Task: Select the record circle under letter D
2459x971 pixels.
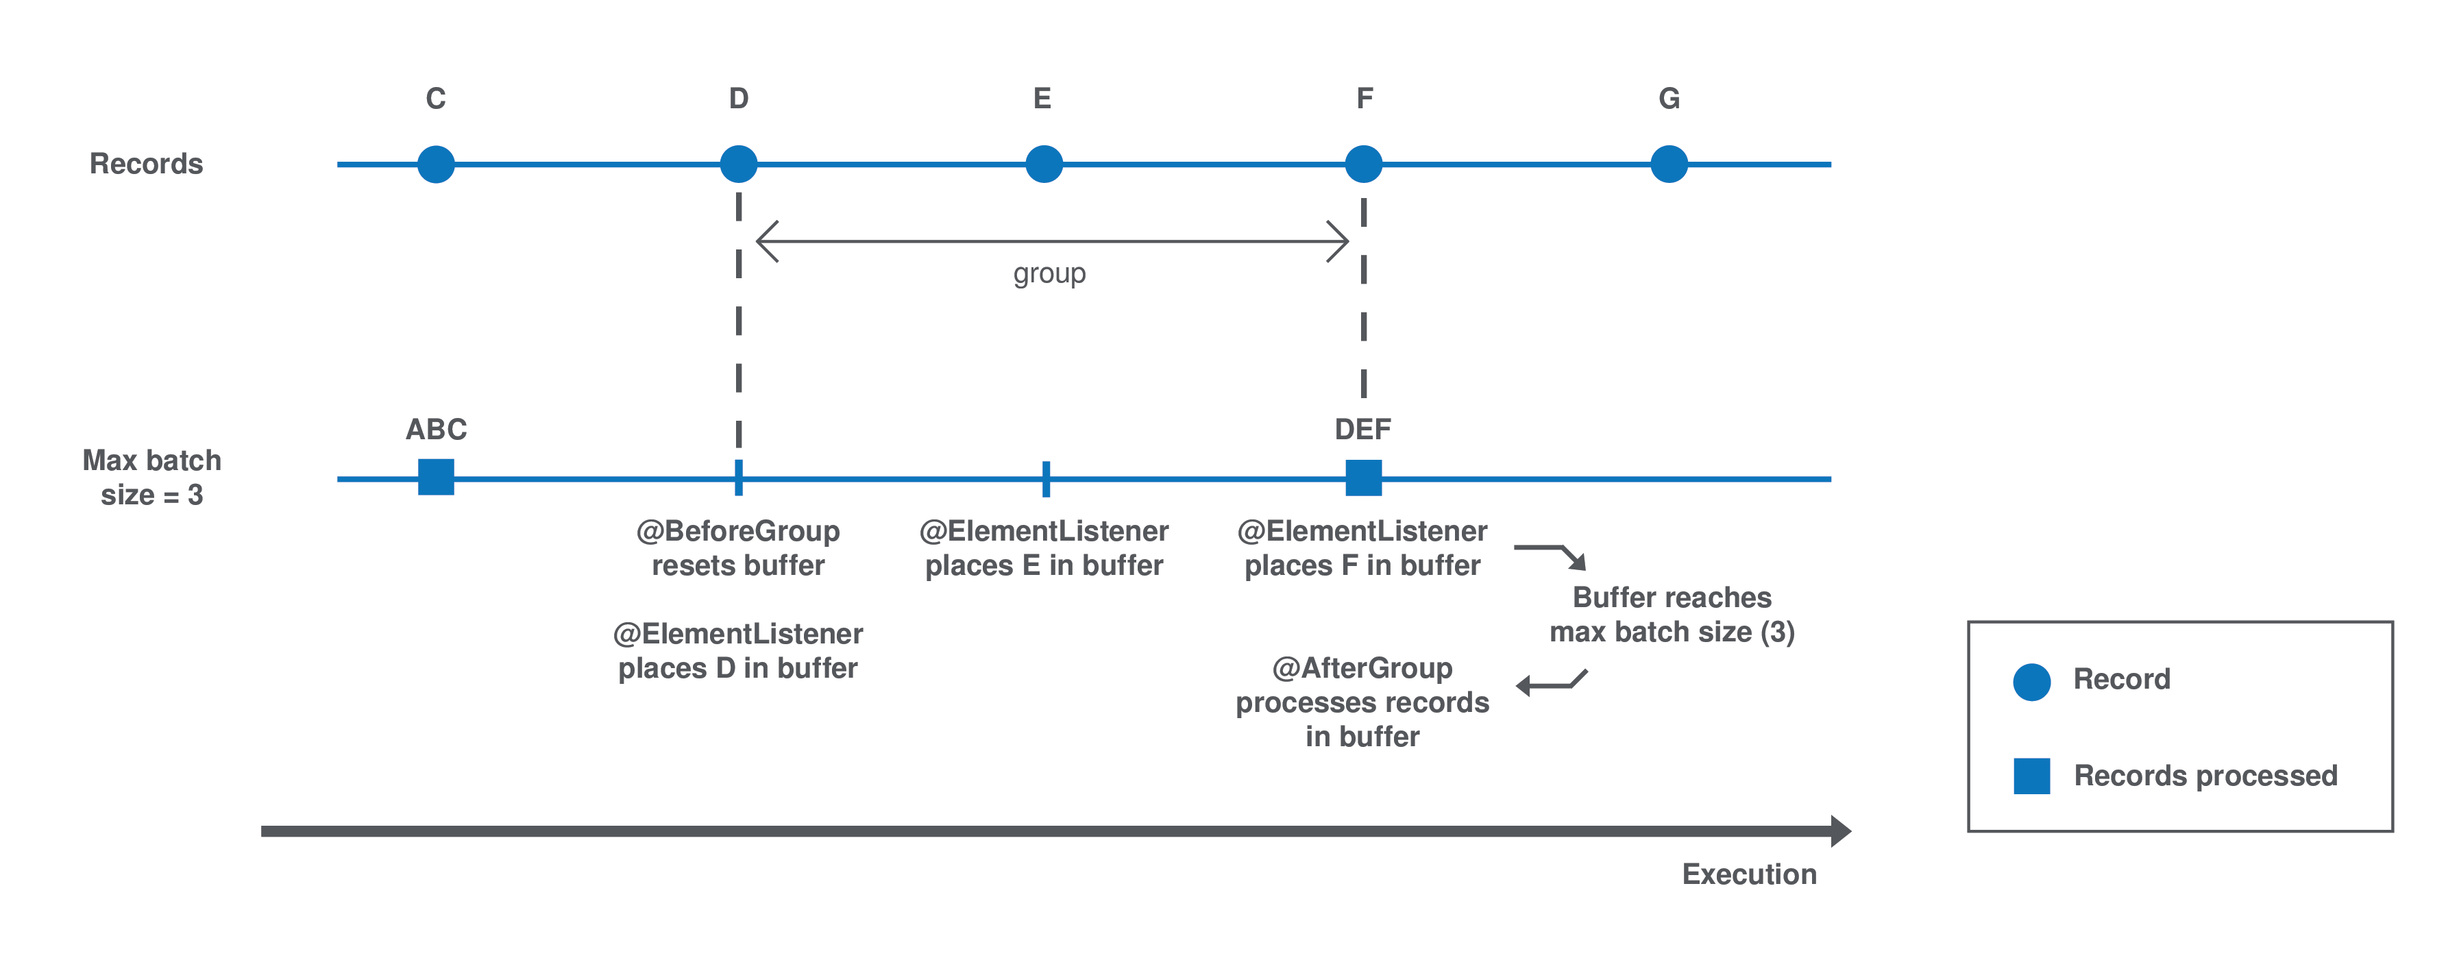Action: click(738, 164)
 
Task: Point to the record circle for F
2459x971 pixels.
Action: click(1363, 164)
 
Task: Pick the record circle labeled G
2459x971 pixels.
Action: click(1669, 164)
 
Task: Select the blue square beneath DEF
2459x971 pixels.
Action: click(1363, 478)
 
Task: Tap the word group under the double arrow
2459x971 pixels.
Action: click(1049, 274)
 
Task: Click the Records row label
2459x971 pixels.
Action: click(146, 164)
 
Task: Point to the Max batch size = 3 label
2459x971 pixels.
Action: click(151, 478)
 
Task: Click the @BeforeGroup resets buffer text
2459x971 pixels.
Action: click(738, 548)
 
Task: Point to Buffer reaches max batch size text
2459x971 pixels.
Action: click(1672, 614)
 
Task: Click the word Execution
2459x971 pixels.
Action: click(1749, 874)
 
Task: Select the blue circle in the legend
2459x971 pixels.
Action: click(2031, 682)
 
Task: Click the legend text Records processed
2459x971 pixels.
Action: click(2205, 775)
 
